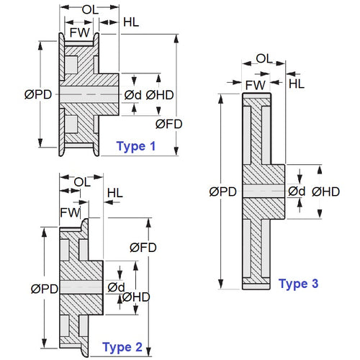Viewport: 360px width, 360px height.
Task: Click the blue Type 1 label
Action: point(135,147)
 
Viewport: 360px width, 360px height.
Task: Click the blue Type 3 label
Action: point(298,284)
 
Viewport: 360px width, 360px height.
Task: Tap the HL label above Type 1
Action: point(131,22)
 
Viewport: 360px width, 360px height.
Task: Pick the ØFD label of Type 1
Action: point(169,124)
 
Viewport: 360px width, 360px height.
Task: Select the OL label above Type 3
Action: point(264,58)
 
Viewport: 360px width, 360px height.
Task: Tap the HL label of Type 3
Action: point(297,84)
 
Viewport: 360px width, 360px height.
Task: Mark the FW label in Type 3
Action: point(255,85)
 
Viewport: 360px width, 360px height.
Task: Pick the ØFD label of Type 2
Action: point(143,247)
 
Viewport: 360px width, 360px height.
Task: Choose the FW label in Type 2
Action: point(69,212)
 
